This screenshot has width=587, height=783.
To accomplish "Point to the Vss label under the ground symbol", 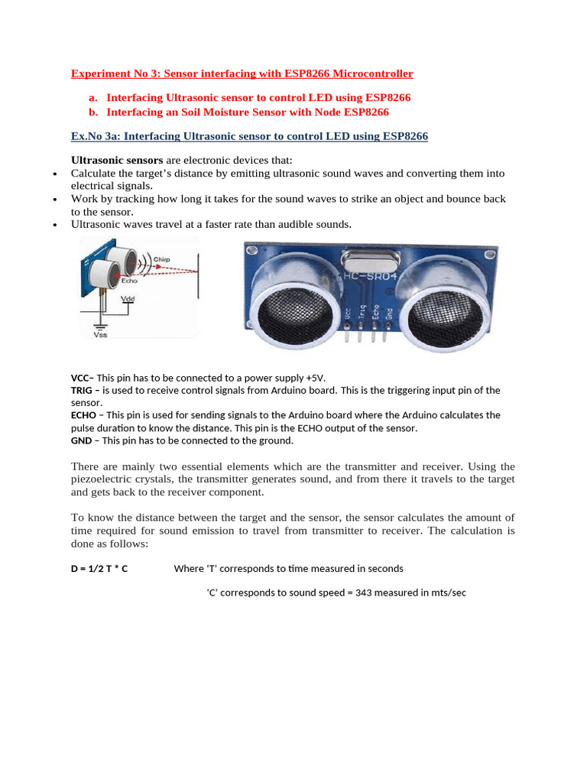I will click(100, 334).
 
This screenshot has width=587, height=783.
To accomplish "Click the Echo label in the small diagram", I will click(118, 281).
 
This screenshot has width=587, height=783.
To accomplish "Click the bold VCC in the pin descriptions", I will click(80, 378).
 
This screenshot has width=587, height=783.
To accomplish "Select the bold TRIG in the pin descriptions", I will click(82, 390).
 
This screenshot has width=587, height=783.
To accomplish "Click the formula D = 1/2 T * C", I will click(99, 569).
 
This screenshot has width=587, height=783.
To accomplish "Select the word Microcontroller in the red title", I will click(365, 73).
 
